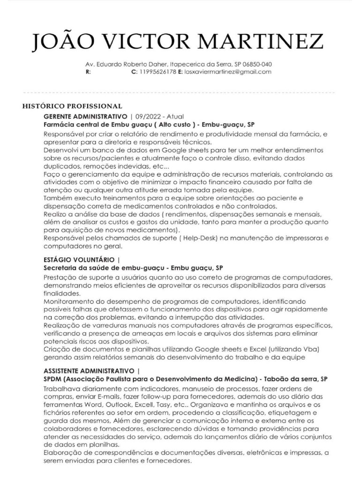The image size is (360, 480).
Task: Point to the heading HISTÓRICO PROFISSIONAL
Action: (72, 106)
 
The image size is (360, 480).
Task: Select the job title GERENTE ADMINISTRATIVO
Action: (85, 116)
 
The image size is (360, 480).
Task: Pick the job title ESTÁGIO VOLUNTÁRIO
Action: (80, 260)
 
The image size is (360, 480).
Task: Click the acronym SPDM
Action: (53, 379)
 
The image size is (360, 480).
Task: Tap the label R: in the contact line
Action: (88, 72)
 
